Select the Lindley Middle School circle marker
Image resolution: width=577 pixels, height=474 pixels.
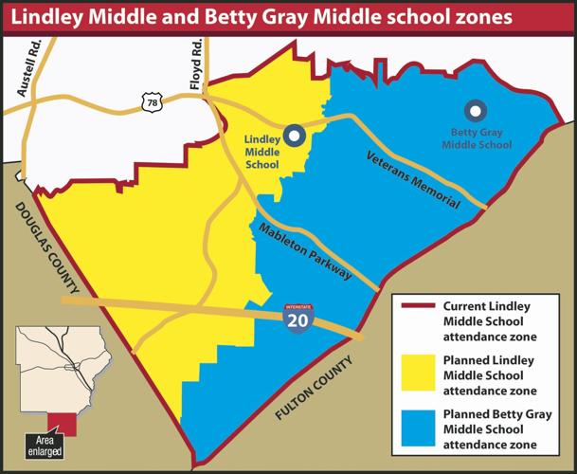(x=296, y=136)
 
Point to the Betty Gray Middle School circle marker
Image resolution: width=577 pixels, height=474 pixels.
(x=474, y=110)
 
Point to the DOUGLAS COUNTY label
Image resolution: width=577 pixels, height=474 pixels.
(x=48, y=248)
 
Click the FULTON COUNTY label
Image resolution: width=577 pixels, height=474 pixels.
(x=315, y=389)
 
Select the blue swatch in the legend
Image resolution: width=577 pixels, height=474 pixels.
(x=417, y=428)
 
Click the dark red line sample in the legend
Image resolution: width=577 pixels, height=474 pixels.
(x=417, y=307)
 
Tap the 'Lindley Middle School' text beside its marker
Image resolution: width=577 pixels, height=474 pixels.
(x=262, y=152)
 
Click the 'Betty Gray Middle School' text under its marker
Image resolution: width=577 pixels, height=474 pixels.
(x=475, y=138)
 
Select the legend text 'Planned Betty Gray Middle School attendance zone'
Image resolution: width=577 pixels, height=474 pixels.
(x=496, y=429)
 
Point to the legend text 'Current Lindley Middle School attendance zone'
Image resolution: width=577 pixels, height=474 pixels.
(x=496, y=321)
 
